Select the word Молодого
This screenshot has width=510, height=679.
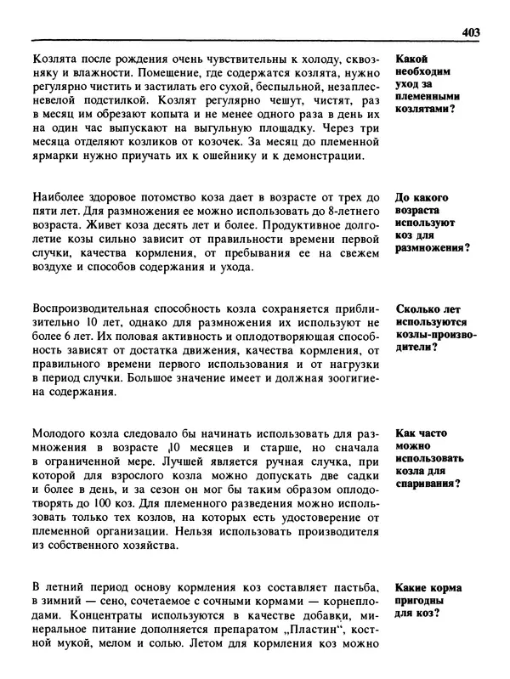[59, 433]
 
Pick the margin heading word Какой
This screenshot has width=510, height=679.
[414, 60]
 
